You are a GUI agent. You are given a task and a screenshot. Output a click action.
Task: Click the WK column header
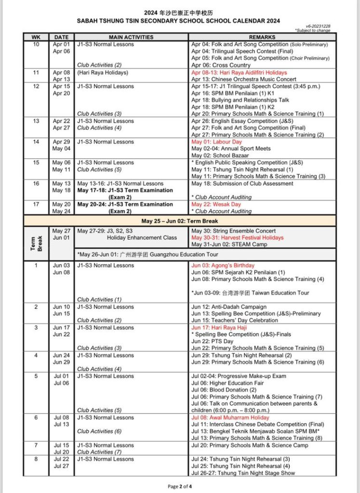36,37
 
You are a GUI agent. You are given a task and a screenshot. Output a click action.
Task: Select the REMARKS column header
262,37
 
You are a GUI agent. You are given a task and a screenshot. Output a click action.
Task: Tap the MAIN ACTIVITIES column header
131,37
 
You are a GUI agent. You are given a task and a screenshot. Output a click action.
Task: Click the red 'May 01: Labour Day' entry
216,142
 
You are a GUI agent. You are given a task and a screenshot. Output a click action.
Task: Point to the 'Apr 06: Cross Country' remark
221,65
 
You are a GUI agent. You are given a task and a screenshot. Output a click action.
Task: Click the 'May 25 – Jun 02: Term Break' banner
180,221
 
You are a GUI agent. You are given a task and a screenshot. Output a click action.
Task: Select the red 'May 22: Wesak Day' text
216,204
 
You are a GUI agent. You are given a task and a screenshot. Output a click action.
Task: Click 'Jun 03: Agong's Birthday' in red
223,265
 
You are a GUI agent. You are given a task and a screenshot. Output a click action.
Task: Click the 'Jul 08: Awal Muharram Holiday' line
230,417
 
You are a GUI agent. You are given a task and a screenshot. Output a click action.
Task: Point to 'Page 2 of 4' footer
180,486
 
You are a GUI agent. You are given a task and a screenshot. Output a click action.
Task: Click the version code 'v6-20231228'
318,26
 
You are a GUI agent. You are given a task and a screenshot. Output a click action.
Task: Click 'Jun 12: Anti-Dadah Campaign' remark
229,307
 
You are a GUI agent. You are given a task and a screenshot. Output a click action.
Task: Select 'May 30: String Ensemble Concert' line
234,231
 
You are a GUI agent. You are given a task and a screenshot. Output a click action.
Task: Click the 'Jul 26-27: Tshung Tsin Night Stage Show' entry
243,473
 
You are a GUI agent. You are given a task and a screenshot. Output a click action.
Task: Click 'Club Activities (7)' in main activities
99,452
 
